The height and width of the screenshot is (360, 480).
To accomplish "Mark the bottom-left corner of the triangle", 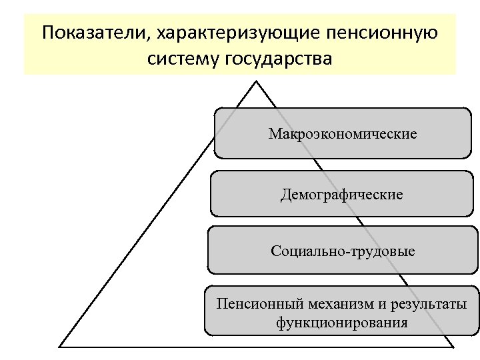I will click(60, 347).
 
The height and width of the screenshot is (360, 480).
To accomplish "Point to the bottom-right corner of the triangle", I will click(453, 347).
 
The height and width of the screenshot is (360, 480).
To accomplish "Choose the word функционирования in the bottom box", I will click(342, 323).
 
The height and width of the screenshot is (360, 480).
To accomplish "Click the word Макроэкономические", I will click(343, 134).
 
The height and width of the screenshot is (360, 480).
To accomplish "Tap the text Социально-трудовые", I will click(343, 251).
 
